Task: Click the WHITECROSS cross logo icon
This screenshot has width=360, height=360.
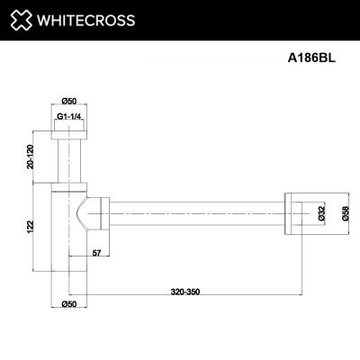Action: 22,20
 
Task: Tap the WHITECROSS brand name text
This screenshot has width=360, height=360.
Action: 85,21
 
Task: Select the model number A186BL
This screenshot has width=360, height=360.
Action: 311,58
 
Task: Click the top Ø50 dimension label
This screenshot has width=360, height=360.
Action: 69,101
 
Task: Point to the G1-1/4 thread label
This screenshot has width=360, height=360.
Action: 69,117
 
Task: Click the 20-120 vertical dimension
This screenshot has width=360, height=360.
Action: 31,157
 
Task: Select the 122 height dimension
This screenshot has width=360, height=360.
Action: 31,227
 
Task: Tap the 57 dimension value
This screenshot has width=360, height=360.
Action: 96,253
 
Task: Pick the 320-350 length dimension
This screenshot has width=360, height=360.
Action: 185,292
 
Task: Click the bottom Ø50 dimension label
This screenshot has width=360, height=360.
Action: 69,304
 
